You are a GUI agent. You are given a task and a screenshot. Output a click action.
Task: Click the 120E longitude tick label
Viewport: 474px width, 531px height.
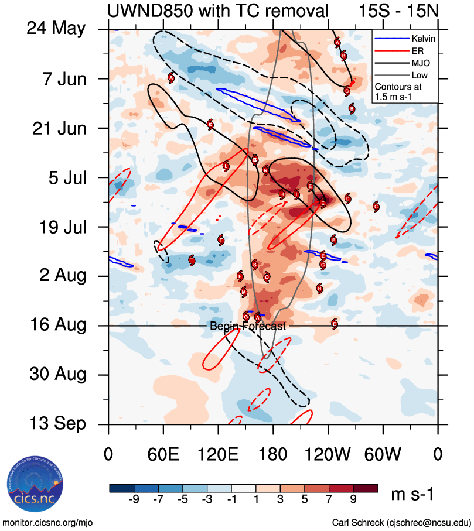(218, 454)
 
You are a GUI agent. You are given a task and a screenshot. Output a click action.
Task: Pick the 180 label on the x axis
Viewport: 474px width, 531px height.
(273, 454)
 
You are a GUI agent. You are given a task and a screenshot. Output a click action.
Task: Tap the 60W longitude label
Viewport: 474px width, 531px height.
(383, 454)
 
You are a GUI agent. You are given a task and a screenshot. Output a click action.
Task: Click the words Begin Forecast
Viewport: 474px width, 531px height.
(248, 327)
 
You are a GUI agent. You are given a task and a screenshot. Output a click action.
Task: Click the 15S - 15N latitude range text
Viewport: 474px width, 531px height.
(398, 10)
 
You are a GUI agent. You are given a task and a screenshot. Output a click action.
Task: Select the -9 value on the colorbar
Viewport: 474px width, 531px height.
(134, 501)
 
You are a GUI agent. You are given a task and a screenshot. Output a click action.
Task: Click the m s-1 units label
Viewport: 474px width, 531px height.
(412, 495)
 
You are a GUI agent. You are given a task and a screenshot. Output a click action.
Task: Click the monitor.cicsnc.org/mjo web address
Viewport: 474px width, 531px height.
(48, 522)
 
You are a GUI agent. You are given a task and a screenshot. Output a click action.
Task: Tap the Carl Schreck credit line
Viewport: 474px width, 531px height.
(401, 522)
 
